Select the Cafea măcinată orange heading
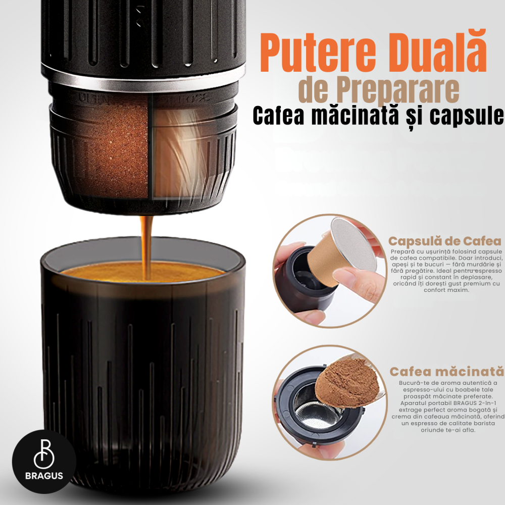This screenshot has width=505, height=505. [446, 372]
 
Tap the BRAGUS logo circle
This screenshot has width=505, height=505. [44, 461]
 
